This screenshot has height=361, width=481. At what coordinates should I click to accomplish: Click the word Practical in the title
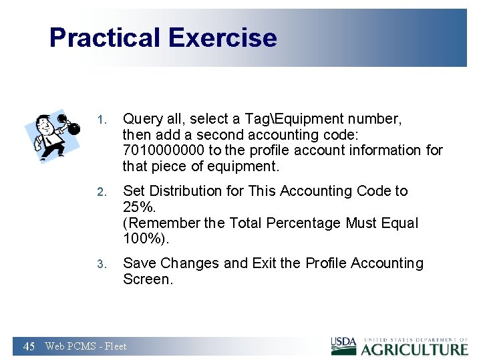click(106, 37)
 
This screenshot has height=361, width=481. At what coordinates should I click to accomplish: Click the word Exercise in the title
click(222, 37)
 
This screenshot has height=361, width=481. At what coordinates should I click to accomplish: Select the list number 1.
click(101, 120)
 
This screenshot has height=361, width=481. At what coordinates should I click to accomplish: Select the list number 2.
click(101, 193)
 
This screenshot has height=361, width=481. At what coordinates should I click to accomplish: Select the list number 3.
click(101, 264)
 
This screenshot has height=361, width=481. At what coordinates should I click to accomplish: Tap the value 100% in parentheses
click(140, 239)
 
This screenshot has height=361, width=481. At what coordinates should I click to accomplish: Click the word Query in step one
click(142, 119)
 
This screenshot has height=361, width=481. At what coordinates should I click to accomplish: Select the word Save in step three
click(139, 263)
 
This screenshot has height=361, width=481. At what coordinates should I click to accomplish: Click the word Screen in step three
click(147, 279)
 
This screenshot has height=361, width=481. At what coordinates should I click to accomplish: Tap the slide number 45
click(29, 346)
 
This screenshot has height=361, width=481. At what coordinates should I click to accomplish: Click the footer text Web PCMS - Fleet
click(86, 346)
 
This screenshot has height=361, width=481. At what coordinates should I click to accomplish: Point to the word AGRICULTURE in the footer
click(414, 349)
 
